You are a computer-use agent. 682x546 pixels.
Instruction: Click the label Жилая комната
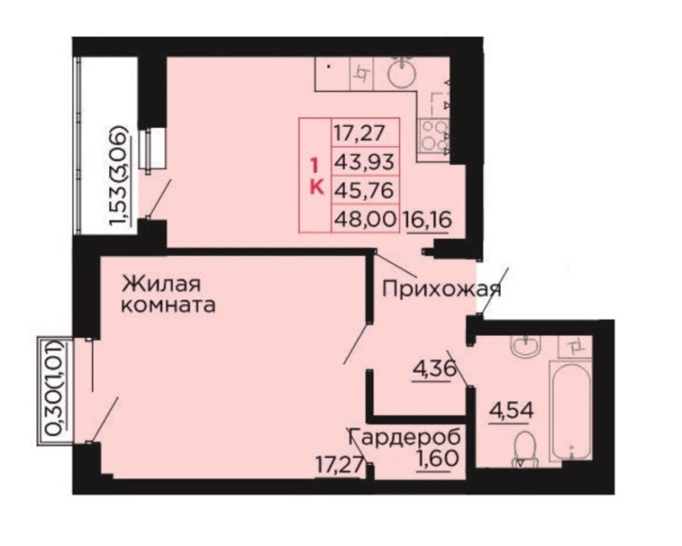(168, 294)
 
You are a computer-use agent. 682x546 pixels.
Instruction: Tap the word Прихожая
(442, 289)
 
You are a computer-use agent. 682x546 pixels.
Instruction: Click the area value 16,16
(428, 219)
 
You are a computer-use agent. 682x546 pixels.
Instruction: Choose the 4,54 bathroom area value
(511, 410)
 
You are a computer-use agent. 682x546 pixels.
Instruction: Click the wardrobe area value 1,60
(438, 459)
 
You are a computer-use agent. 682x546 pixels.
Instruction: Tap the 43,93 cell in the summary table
(365, 161)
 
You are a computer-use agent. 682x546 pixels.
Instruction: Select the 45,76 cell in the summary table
(365, 190)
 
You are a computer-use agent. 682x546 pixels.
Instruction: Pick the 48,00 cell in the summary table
(365, 218)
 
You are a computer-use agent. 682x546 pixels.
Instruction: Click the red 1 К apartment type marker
(315, 177)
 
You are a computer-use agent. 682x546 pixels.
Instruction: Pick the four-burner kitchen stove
(433, 135)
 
